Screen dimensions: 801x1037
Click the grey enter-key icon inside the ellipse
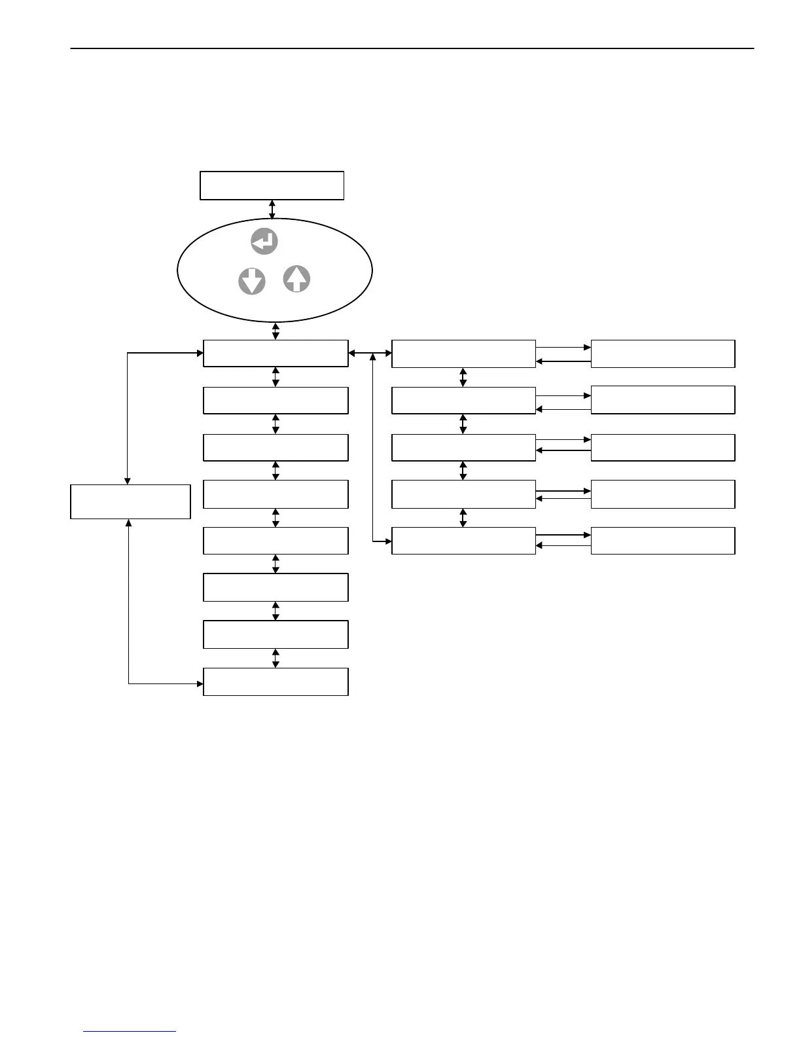264,242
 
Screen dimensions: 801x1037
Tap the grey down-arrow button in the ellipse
252,282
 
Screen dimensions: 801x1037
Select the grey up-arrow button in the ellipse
296,279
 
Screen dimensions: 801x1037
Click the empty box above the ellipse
272,185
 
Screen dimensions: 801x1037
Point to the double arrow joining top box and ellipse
272,209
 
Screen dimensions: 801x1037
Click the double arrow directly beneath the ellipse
276,331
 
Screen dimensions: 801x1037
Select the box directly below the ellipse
276,354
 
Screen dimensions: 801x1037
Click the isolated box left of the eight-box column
130,501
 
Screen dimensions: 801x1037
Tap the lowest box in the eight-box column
276,682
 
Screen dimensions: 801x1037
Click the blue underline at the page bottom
130,1031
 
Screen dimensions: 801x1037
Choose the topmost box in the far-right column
663,354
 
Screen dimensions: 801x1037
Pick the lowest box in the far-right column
663,541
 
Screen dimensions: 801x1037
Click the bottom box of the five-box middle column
463,541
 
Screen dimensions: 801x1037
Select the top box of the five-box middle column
463,354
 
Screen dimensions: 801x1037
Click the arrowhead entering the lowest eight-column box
200,684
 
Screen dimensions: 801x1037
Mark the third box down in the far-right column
663,447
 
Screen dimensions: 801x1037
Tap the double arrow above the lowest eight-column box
276,658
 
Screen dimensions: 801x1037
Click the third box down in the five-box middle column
463,447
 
